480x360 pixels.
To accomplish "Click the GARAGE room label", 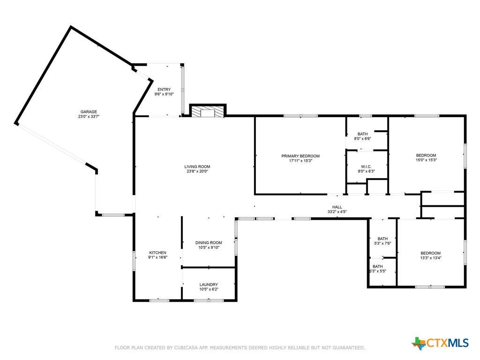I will pos(88,112).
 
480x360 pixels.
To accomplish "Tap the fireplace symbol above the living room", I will pos(208,112).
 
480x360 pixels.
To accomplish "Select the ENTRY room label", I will pos(164,90).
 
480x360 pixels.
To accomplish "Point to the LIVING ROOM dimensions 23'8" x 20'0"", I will pos(197,172).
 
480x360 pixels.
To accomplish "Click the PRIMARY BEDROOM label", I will pos(300,156).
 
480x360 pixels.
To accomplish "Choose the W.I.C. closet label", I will pos(366,166).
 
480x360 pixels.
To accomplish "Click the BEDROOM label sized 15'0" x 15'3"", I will pos(426,155).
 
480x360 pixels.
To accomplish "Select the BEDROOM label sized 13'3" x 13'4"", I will pos(430,253).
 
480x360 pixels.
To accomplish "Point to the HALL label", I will pos(337,207).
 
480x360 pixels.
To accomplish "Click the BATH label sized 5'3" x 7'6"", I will pos(383,239).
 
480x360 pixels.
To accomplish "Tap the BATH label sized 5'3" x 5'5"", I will pos(377,266).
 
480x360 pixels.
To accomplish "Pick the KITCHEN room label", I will pos(157,253).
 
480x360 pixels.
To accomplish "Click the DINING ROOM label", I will pos(209,243).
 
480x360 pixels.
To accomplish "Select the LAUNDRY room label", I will pos(209,285).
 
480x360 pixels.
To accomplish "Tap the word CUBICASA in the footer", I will pos(190,348).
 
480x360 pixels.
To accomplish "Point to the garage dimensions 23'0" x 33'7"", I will pos(88,117).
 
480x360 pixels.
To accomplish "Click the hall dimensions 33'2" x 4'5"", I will pos(337,212).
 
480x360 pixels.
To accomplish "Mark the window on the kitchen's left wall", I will pos(134,260).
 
